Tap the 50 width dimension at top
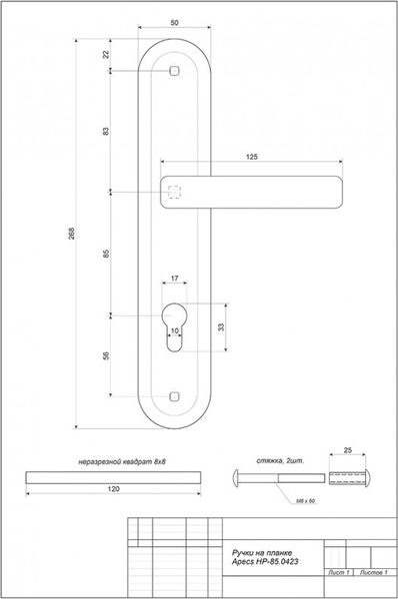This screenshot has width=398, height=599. [x=175, y=22]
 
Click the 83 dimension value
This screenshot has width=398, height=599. [x=106, y=131]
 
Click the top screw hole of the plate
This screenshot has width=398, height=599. [x=175, y=72]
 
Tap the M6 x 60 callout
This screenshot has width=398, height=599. [x=305, y=500]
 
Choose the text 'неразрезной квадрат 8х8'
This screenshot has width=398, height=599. [x=114, y=461]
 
